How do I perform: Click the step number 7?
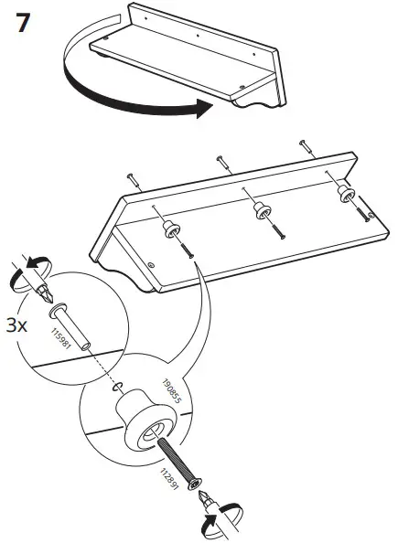tap(27, 23)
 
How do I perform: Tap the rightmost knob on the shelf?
tap(346, 193)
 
